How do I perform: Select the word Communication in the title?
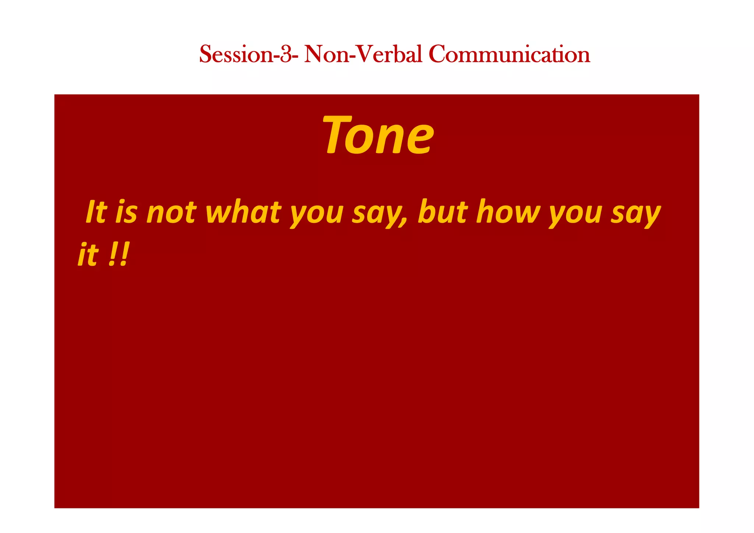(x=509, y=54)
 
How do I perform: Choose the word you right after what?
(x=317, y=215)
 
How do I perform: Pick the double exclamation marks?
(x=119, y=255)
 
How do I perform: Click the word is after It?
(x=126, y=213)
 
